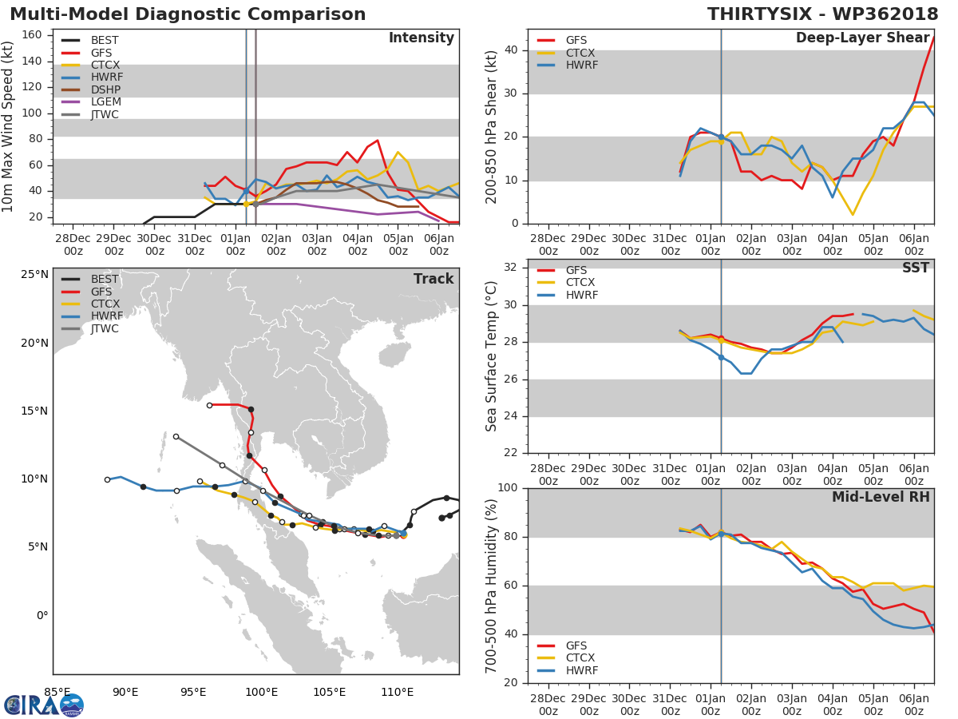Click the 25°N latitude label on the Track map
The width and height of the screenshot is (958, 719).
34,274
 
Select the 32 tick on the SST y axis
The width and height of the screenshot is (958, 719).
511,267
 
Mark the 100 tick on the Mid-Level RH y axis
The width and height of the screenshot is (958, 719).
508,487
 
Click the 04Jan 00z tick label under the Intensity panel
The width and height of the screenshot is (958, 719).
358,244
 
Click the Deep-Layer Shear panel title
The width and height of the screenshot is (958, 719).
862,38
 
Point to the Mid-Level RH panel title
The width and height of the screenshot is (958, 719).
881,497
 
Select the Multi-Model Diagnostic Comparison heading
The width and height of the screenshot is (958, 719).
188,14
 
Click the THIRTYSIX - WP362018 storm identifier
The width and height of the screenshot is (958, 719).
823,14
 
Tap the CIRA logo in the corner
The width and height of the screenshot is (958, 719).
44,705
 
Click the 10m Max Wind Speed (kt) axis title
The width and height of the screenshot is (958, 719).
7,126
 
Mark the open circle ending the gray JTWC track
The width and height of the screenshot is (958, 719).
176,436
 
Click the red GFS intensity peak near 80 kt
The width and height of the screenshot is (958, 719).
378,141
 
